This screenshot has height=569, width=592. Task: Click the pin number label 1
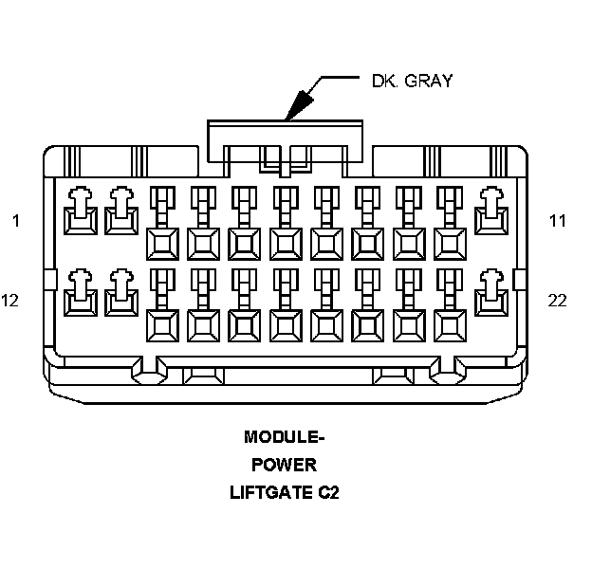15,222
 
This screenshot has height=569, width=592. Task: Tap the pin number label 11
557,222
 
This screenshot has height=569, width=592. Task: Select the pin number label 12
11,301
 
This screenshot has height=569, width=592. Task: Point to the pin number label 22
557,301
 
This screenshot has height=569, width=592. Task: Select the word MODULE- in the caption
284,438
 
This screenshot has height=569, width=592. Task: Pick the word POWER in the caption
284,466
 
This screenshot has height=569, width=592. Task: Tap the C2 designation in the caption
328,493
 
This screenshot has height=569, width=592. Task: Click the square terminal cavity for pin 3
161,244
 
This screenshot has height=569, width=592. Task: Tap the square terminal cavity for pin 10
450,244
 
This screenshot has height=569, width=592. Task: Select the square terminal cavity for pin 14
161,325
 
